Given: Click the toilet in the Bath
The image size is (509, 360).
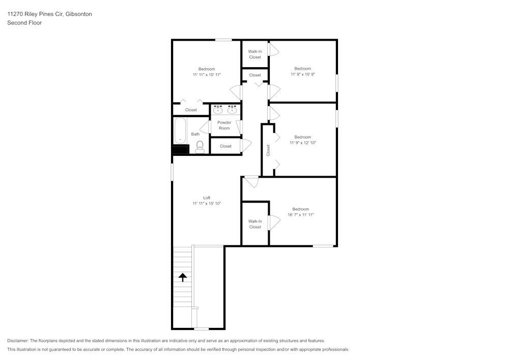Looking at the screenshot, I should [x=200, y=147].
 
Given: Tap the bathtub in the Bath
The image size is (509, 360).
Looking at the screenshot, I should [x=180, y=131].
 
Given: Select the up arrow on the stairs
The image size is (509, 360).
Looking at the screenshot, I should [x=182, y=277].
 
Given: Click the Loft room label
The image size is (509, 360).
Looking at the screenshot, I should [x=207, y=198].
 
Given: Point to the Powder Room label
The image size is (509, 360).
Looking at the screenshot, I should [x=224, y=125].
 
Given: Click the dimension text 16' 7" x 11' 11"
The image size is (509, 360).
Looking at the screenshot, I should [x=300, y=215].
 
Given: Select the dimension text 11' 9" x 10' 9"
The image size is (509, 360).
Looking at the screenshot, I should [x=302, y=74].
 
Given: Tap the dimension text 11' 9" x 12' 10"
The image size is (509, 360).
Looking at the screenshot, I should [x=302, y=143].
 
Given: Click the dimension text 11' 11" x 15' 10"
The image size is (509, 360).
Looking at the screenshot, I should [x=207, y=203].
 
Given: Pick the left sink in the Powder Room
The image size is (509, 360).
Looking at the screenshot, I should [x=218, y=109].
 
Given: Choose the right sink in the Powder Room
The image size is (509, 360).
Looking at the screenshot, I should [x=233, y=109].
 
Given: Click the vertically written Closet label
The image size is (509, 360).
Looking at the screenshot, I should [x=268, y=150].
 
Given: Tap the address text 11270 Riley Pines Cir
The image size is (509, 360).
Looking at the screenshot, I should [x=35, y=14].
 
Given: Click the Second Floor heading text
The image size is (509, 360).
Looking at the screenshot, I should [x=24, y=23].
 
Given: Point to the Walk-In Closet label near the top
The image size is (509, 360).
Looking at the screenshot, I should [x=255, y=54].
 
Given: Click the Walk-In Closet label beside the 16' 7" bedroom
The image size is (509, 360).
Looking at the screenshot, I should [x=255, y=224].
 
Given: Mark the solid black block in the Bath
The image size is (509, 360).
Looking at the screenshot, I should [x=180, y=149].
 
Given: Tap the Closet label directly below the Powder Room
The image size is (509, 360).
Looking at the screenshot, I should [x=225, y=146].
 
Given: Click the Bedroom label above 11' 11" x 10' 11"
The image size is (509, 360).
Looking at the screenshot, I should [x=207, y=69].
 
